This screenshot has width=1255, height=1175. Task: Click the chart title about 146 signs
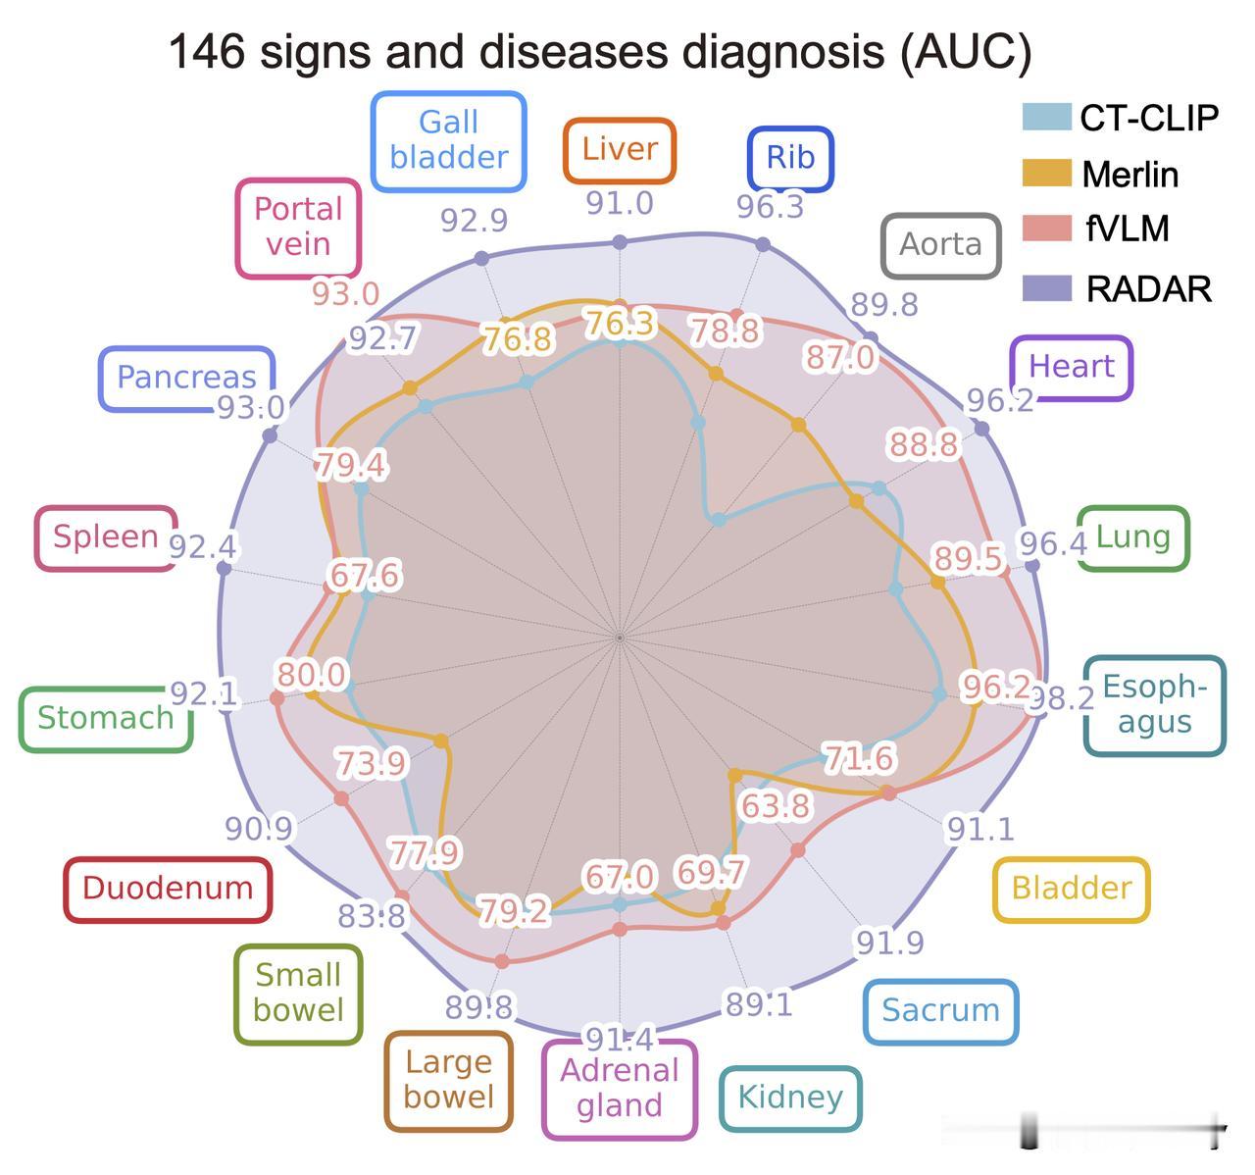[600, 52]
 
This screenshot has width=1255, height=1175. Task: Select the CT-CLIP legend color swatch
[1047, 117]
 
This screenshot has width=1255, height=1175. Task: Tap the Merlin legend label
[1130, 174]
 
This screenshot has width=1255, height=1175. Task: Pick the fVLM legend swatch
[1047, 229]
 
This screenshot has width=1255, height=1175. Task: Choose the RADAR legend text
[1149, 289]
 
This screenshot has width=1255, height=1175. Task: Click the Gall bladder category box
[449, 141]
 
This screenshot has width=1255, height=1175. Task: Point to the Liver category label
[620, 150]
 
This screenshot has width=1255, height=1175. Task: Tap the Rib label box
[790, 158]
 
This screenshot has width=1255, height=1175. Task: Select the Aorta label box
[941, 245]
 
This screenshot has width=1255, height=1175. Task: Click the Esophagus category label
[1155, 704]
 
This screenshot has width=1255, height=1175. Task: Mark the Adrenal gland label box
[620, 1089]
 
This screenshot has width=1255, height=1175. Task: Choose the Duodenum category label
[168, 889]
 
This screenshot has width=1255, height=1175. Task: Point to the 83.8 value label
[372, 916]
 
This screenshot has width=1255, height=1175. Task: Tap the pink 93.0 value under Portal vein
[346, 293]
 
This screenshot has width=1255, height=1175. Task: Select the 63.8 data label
[776, 805]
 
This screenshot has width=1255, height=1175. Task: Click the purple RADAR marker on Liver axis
[620, 241]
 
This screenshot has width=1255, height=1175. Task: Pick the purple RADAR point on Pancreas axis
[270, 435]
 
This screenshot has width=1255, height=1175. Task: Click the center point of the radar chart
[620, 639]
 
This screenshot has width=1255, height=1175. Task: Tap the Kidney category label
[790, 1098]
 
